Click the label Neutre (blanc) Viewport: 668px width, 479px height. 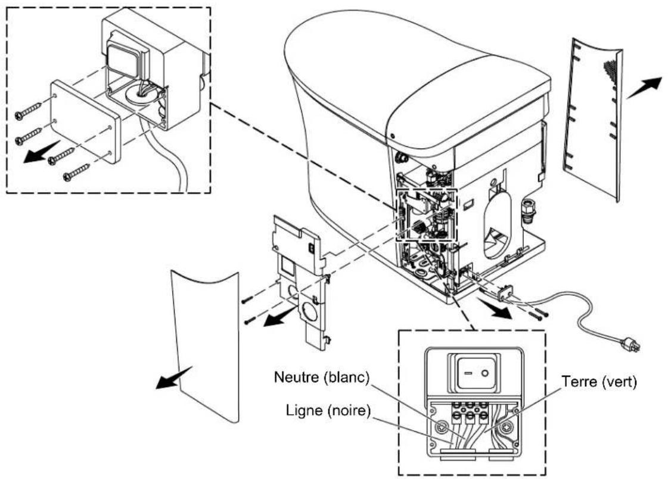pyautogui.click(x=322, y=378)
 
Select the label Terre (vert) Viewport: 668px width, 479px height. pyautogui.click(x=599, y=382)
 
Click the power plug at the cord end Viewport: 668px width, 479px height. pyautogui.click(x=630, y=344)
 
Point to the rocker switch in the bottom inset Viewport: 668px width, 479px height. pyautogui.click(x=477, y=373)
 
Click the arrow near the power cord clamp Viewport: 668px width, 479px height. pyautogui.click(x=495, y=308)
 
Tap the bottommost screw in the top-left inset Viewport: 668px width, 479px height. pyautogui.click(x=76, y=172)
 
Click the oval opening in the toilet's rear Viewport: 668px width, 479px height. pyautogui.click(x=498, y=223)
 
